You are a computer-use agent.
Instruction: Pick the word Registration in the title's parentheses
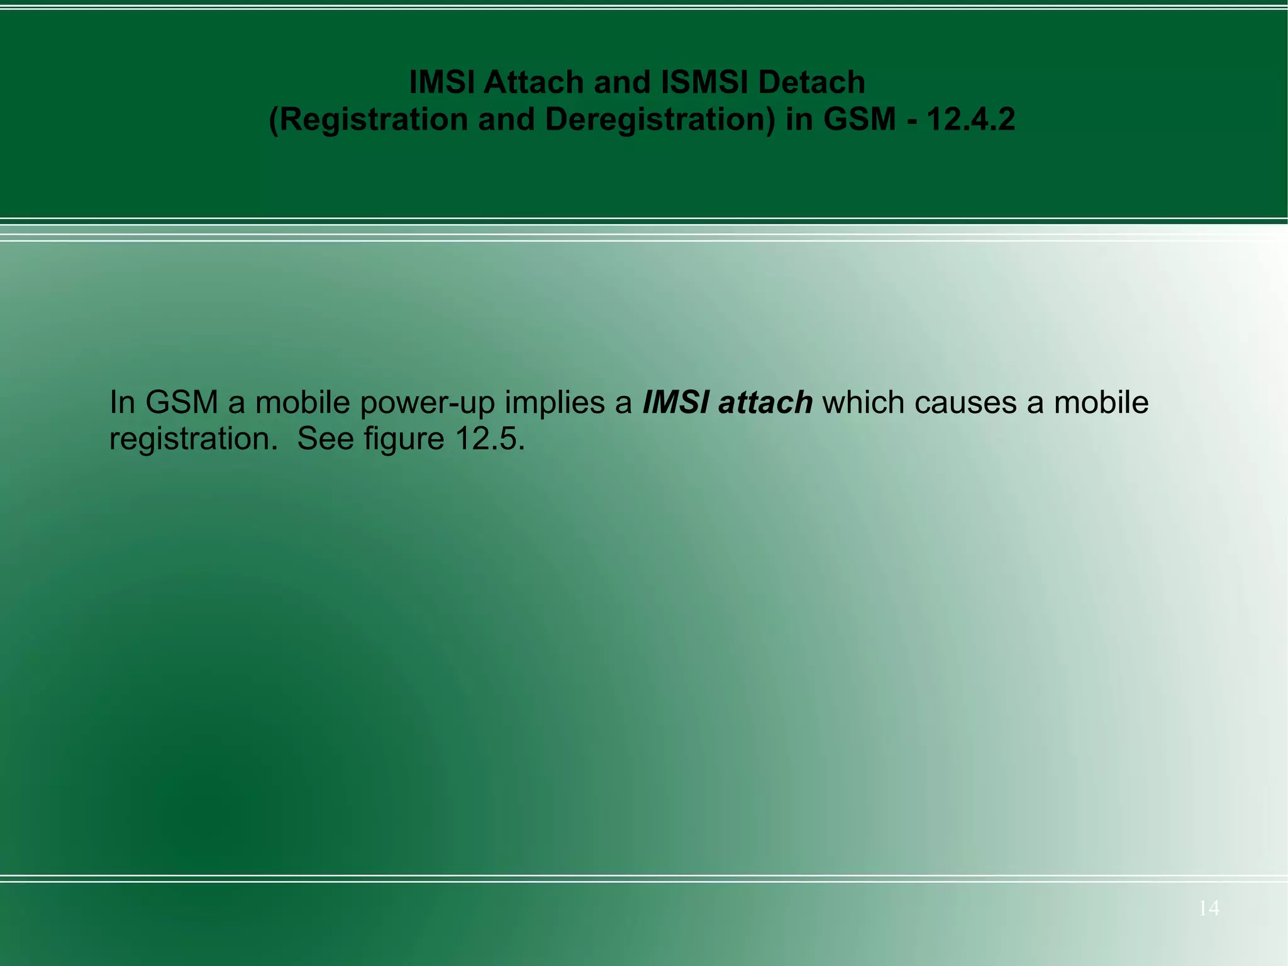(x=373, y=120)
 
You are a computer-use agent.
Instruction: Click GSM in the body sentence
(x=182, y=402)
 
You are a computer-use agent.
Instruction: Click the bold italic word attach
(x=765, y=402)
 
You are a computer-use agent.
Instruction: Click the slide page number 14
(x=1208, y=908)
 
